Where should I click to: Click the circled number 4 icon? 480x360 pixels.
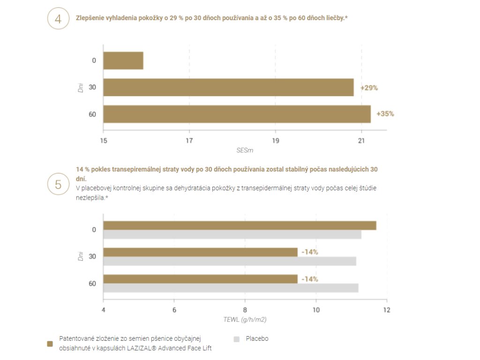tap(58, 19)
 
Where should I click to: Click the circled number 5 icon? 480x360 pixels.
tap(58, 184)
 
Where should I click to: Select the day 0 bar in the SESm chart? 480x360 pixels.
tap(123, 60)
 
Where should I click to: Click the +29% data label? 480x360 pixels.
tap(369, 88)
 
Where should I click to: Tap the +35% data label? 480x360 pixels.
tap(385, 114)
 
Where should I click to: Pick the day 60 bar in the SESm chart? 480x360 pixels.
tap(237, 114)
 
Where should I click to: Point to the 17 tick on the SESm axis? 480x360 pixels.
tap(189, 140)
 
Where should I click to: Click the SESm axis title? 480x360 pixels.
tap(245, 150)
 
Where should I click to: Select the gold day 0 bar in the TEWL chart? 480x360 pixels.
tap(239, 225)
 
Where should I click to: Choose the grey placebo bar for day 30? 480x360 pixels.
tap(230, 261)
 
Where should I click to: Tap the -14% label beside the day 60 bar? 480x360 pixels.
tap(310, 279)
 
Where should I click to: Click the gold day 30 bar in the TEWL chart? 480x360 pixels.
tap(200, 252)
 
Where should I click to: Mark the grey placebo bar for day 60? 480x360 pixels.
tap(231, 288)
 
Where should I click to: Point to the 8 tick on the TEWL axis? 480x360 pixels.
tap(245, 310)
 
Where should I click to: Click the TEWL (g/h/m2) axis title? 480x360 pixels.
tap(245, 320)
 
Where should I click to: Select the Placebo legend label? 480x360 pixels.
tap(257, 338)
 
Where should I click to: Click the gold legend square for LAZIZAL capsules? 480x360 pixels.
tap(50, 344)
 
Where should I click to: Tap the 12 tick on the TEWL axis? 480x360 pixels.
tap(386, 310)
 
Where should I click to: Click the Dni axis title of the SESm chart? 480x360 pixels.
tap(81, 87)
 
